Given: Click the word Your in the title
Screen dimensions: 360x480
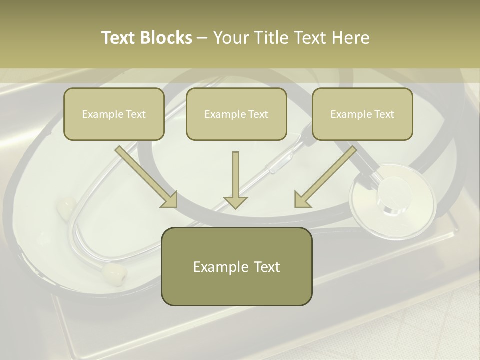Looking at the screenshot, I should [230, 38].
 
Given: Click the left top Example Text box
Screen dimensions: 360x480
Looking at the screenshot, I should [114, 114].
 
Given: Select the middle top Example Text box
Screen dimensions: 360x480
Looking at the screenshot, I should [236, 114].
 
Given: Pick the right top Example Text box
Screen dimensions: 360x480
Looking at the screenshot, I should [362, 114].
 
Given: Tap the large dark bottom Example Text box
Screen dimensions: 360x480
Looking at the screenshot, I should [236, 266].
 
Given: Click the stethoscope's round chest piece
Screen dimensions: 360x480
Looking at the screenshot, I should [392, 200].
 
